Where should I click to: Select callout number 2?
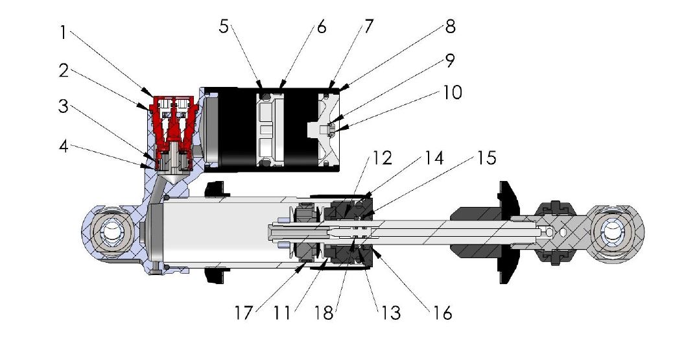(x=63, y=71)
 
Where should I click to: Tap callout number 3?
(x=63, y=107)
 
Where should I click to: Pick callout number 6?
(x=321, y=27)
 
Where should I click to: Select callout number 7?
(x=369, y=27)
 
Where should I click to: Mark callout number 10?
(x=452, y=92)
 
